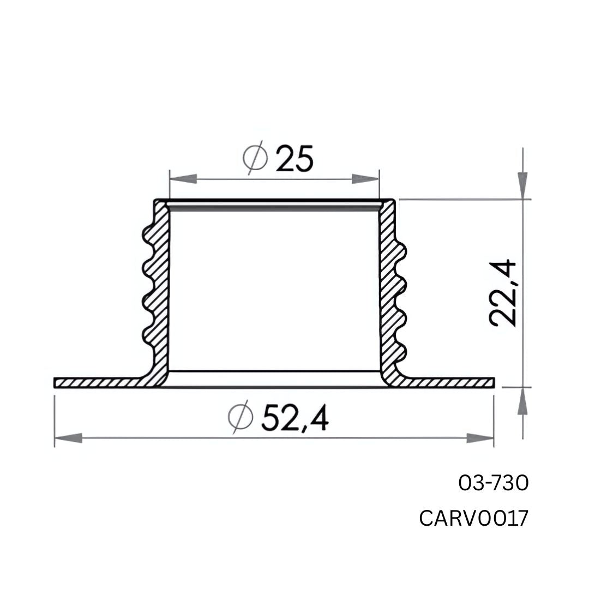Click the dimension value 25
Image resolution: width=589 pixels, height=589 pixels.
click(294, 159)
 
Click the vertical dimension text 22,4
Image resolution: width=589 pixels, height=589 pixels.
click(503, 293)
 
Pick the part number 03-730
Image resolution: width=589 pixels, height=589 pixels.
click(493, 483)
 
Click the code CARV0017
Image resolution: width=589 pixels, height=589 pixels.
click(473, 519)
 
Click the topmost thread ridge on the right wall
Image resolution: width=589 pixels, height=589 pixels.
click(402, 253)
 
